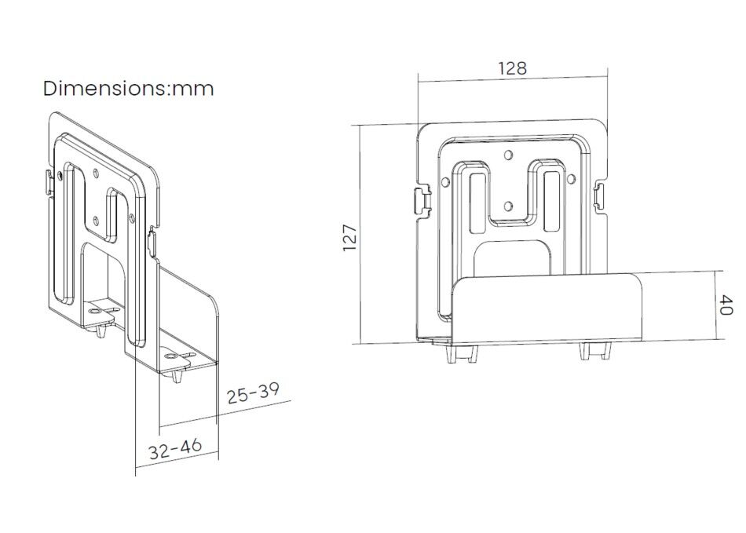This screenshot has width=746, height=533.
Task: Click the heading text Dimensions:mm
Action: (x=129, y=89)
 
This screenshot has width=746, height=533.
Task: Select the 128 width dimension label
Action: (x=513, y=69)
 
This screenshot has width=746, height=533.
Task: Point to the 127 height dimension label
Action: (x=350, y=238)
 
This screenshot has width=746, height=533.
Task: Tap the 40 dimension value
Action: (x=725, y=305)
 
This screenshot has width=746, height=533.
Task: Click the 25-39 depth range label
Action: (x=253, y=392)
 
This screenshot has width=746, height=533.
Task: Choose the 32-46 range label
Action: (x=175, y=448)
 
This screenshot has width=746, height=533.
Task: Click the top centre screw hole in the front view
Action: (x=508, y=155)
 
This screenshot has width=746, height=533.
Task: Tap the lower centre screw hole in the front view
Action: (x=508, y=206)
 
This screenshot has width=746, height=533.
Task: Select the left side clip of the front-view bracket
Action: (x=422, y=200)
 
